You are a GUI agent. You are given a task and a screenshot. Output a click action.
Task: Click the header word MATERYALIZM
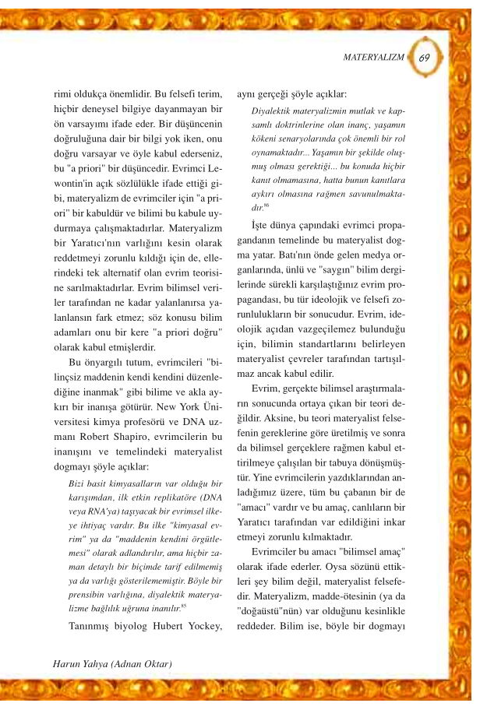[x=375, y=58]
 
